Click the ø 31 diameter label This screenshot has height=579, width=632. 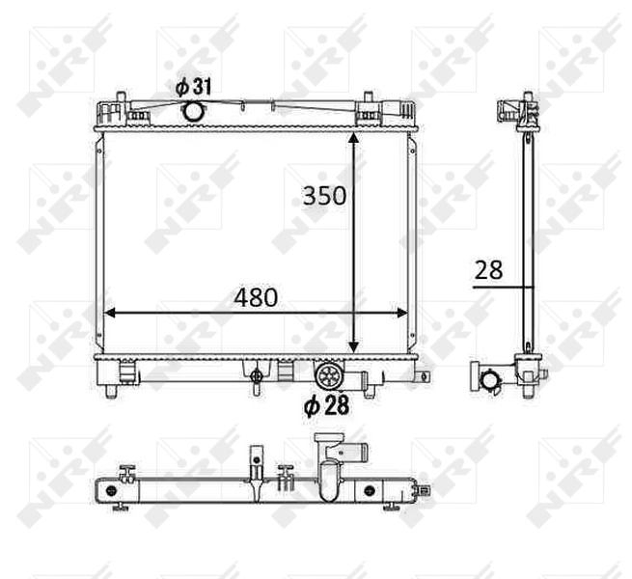click(193, 87)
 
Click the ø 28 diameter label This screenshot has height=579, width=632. click(326, 405)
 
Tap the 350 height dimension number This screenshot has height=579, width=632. click(324, 196)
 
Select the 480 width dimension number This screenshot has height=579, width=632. click(256, 297)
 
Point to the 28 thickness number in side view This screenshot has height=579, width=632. click(488, 270)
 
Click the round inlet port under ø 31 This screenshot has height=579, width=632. click(193, 111)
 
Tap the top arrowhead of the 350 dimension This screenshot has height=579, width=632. click(353, 138)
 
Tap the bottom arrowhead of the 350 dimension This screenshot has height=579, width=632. click(353, 345)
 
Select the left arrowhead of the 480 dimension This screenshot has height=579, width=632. click(110, 314)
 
